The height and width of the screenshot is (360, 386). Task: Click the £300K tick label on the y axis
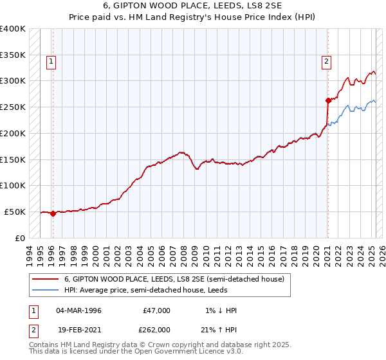[x=12, y=81]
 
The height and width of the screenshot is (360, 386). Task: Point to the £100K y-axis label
[x=12, y=185]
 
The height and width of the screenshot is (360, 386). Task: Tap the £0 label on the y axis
[x=20, y=238]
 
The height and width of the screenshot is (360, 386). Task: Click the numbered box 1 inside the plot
[x=51, y=62]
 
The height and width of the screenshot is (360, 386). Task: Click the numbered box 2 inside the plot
[x=327, y=62]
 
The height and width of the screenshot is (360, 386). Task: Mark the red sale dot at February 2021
[x=328, y=100]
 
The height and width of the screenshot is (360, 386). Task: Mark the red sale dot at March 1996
[x=53, y=215]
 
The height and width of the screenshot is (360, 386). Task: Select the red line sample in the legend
[x=46, y=279]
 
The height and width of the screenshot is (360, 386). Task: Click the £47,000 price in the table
[x=156, y=310]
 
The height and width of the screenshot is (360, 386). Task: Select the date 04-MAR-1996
[x=78, y=310]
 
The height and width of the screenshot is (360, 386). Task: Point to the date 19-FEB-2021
[x=78, y=328]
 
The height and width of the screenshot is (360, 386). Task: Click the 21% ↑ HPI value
[x=219, y=328]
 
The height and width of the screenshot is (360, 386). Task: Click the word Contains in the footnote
[x=44, y=345]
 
